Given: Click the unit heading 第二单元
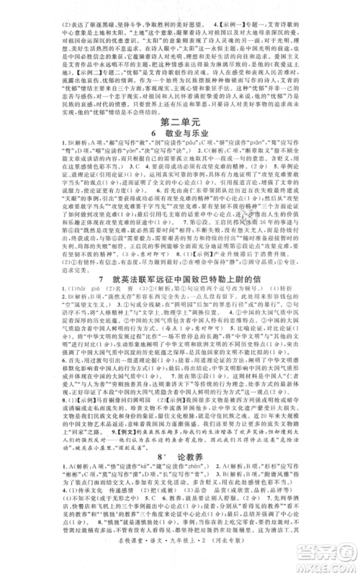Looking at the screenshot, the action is point(181,138).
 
